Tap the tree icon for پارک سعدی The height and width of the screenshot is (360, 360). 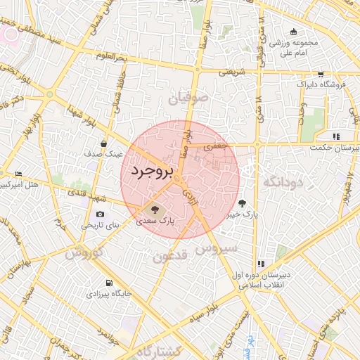[x=153, y=209]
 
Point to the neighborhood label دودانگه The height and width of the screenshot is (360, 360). [x=282, y=182]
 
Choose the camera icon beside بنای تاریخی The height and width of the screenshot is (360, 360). [x=100, y=214]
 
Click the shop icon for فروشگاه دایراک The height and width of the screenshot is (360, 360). [x=321, y=74]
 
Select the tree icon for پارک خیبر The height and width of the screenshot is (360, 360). [x=243, y=204]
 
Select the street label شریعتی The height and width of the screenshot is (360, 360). [x=231, y=71]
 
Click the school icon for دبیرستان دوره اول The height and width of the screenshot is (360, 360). [x=261, y=263]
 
